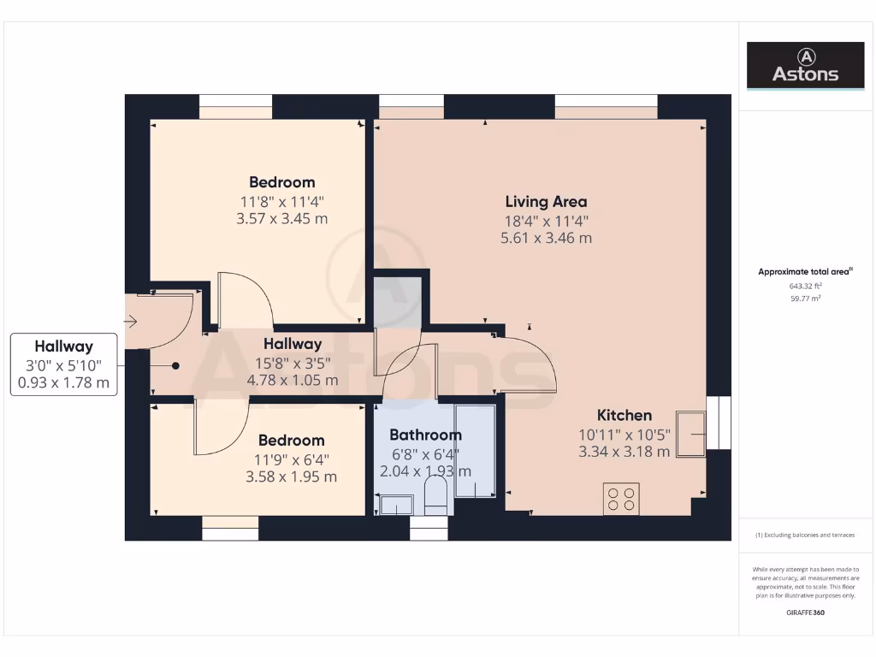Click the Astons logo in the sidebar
(805, 65)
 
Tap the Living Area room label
(546, 202)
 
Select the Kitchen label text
(624, 415)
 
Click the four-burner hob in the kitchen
(621, 499)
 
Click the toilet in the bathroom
(436, 496)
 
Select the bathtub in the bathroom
(475, 451)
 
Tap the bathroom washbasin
(396, 506)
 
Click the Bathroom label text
(425, 435)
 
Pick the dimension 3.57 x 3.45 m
(281, 218)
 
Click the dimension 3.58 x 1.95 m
(291, 476)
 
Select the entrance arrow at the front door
(130, 322)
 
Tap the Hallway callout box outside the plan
(64, 364)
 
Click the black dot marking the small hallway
(175, 365)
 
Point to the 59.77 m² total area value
(805, 299)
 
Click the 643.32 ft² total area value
(805, 287)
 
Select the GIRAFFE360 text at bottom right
(805, 613)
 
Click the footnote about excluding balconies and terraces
(805, 536)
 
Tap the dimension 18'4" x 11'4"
(546, 220)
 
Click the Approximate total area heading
(805, 272)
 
